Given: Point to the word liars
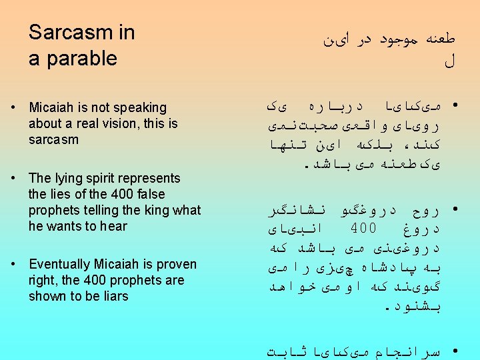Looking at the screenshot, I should [113, 296].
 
